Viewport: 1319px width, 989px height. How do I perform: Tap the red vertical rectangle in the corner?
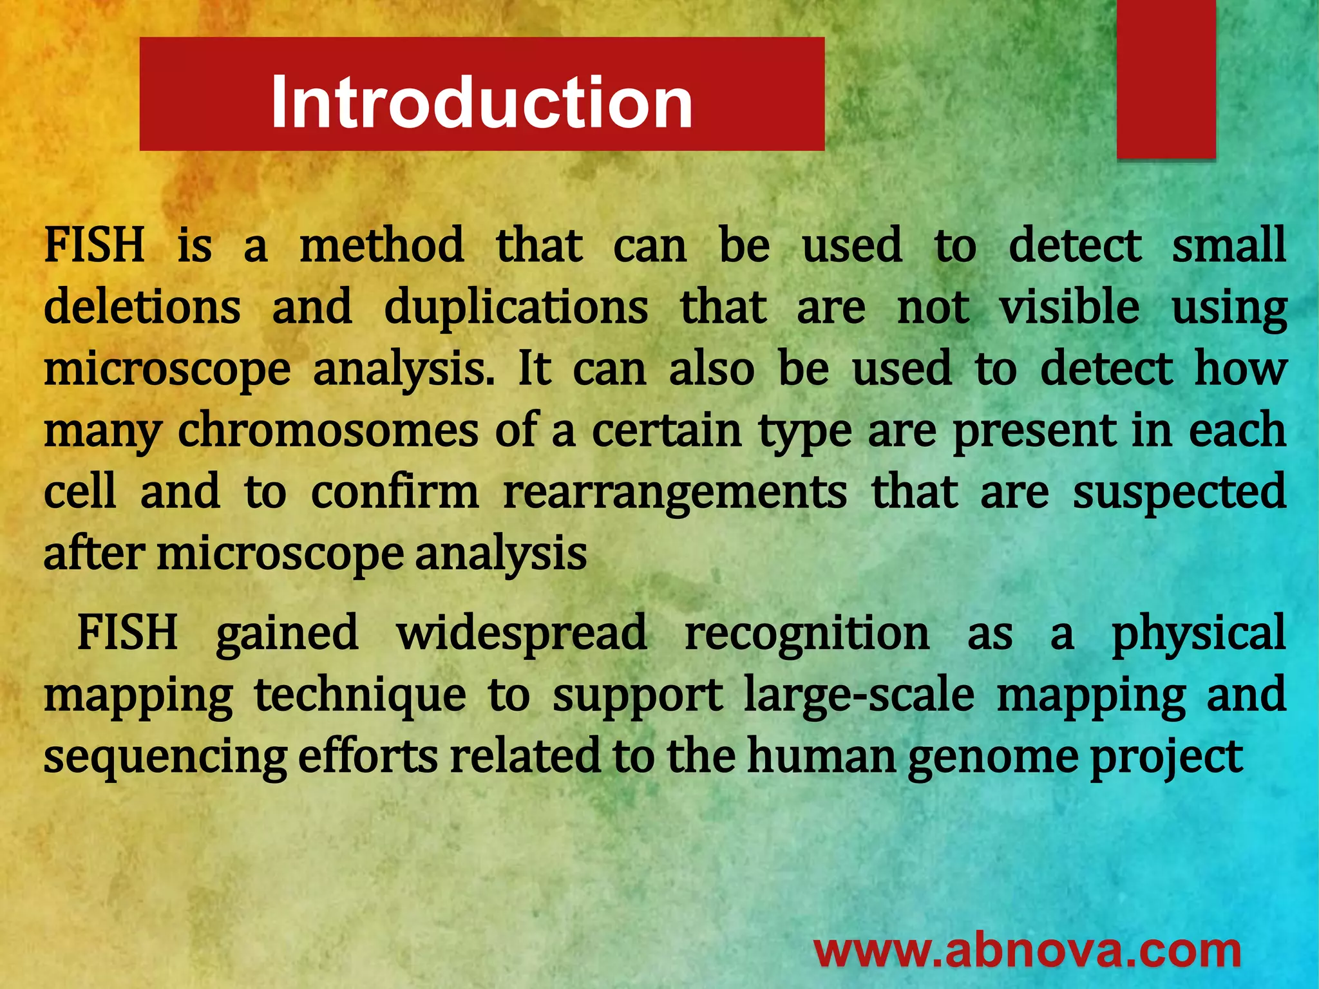(1166, 79)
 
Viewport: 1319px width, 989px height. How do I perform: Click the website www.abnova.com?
(1027, 952)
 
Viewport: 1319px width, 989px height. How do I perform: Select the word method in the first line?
(381, 246)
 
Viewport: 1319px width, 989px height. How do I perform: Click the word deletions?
(142, 307)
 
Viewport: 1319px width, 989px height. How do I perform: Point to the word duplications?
(516, 307)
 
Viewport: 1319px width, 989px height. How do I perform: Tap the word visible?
(1068, 307)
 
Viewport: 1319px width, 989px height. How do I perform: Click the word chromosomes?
(328, 431)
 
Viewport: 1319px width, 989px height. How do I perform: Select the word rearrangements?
(674, 493)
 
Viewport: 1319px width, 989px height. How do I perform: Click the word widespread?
(521, 633)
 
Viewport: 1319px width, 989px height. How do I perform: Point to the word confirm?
(395, 493)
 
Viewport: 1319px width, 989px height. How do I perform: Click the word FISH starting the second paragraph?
(127, 633)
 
